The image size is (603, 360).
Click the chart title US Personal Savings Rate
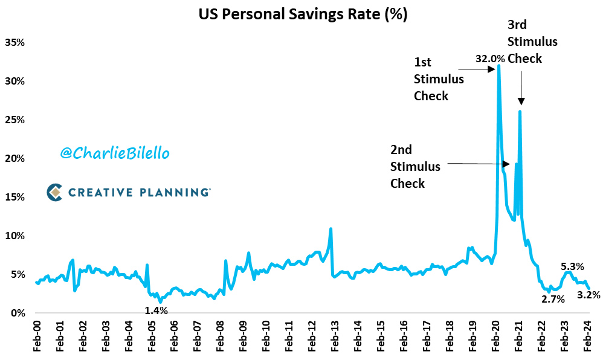click(303, 15)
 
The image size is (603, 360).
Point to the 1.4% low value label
click(156, 310)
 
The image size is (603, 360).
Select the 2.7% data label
click(553, 299)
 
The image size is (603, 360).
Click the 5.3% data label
click(572, 266)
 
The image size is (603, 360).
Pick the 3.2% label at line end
click(588, 295)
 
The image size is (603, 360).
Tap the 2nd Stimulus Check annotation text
click(415, 166)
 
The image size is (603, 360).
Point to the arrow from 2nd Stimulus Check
click(477, 164)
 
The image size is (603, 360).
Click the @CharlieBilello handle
click(115, 153)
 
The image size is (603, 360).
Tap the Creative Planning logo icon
click(55, 192)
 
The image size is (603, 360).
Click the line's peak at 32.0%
click(498, 65)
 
